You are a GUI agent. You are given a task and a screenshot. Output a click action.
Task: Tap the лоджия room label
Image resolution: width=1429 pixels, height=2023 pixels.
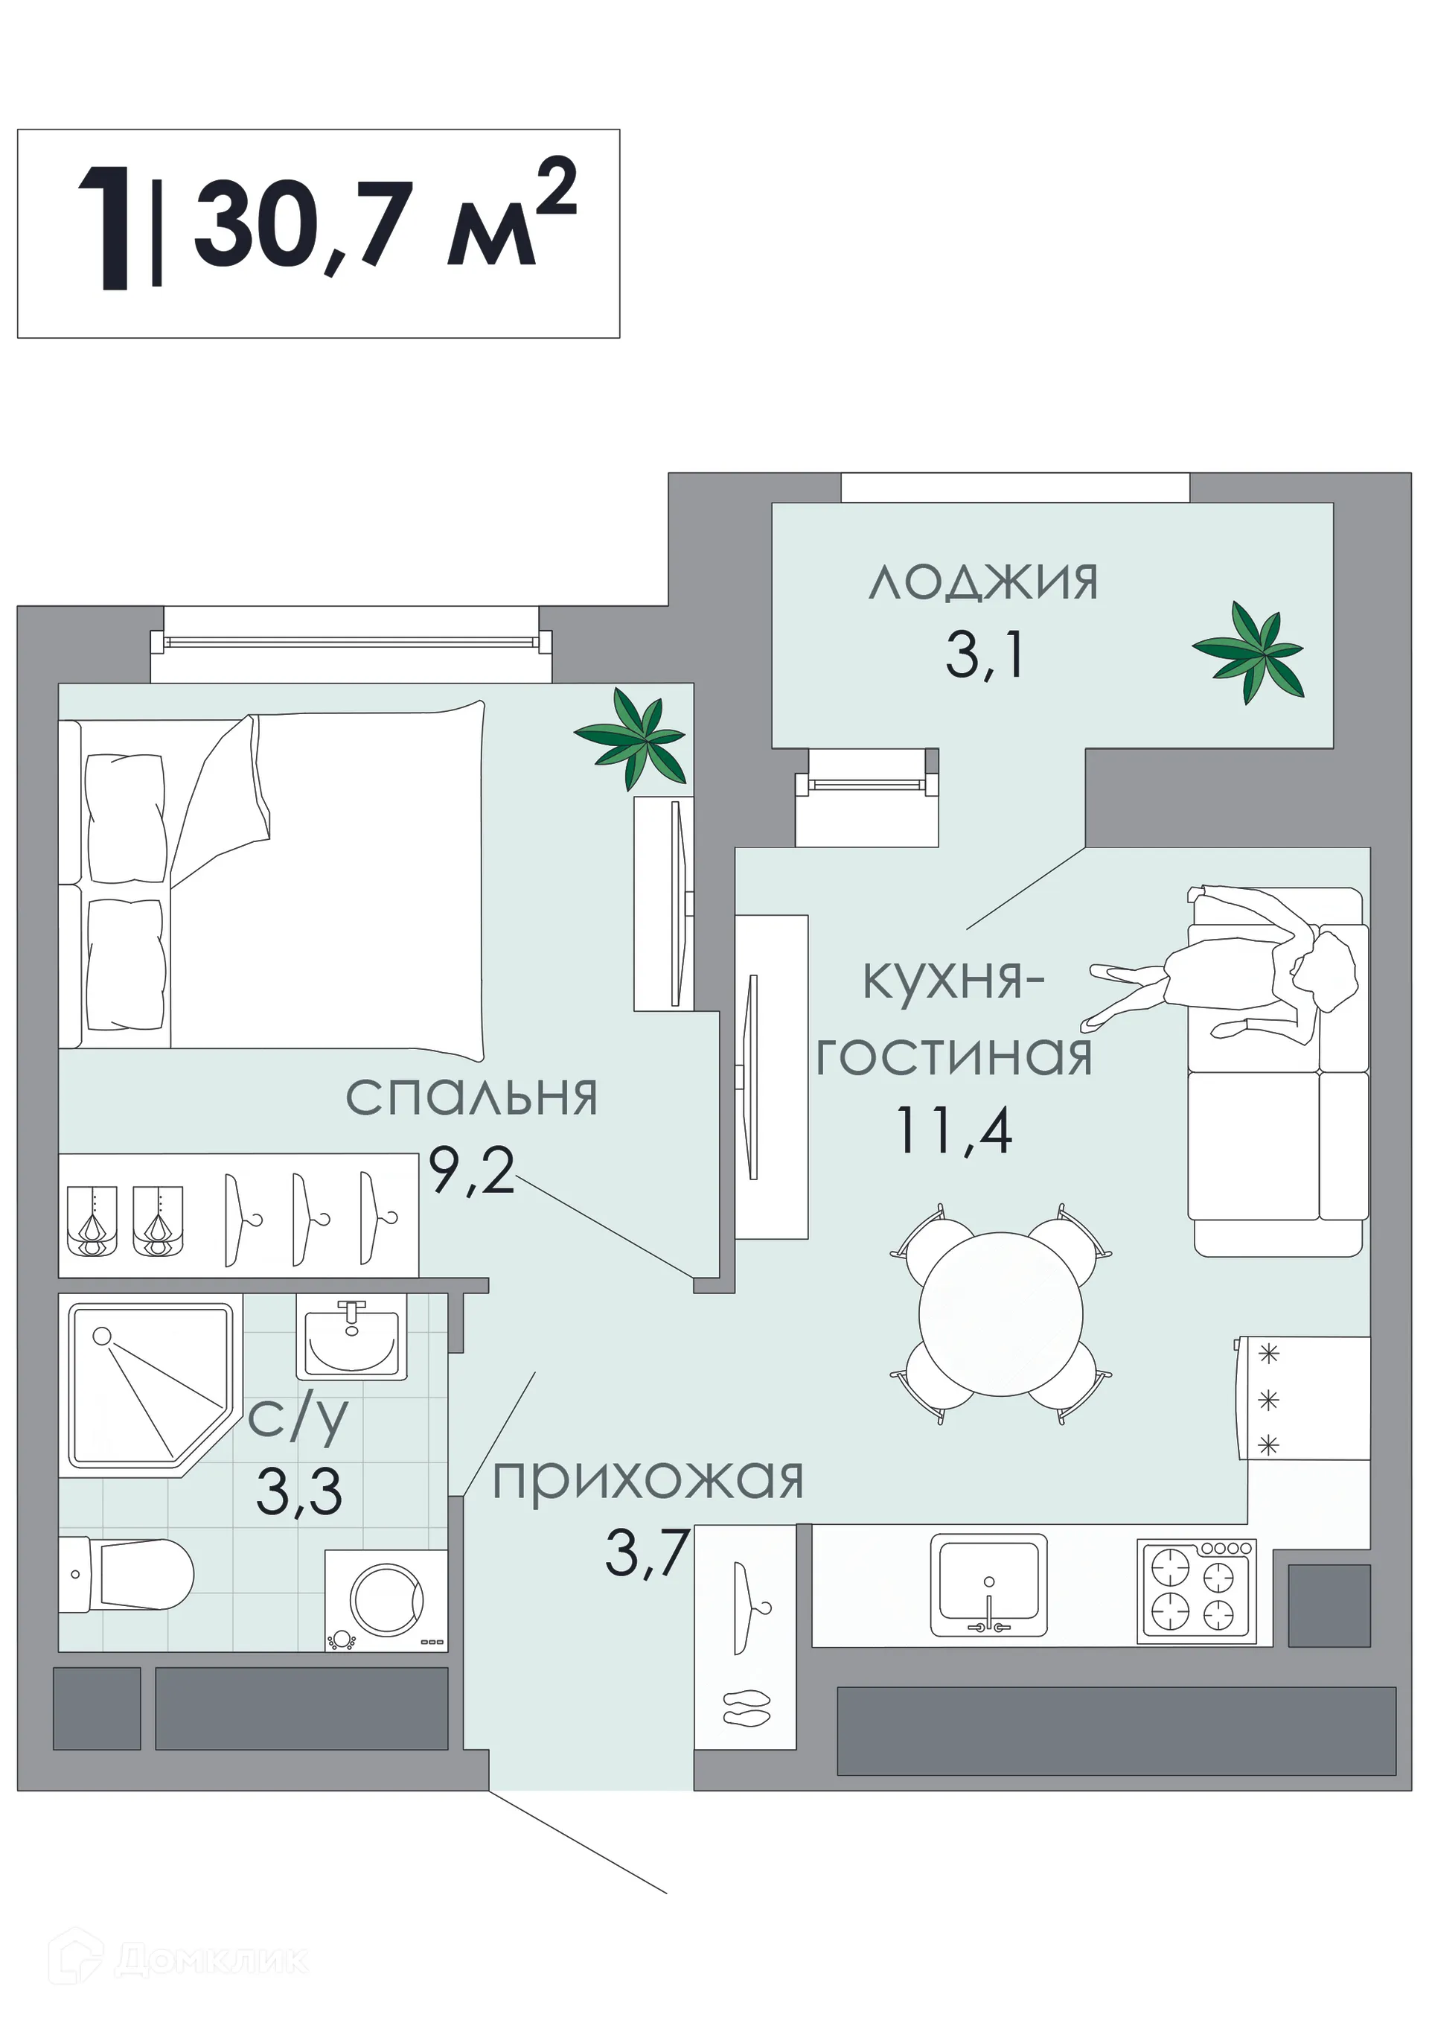tap(982, 582)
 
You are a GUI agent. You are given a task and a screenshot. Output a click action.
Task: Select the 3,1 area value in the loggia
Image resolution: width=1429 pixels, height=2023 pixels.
tap(985, 657)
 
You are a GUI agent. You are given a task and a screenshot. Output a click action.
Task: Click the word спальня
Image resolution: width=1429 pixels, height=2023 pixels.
tap(471, 1097)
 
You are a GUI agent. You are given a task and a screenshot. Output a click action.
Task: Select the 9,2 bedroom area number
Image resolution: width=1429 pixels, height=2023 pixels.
tap(471, 1172)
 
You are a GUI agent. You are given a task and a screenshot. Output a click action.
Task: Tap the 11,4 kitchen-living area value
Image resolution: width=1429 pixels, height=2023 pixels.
tap(954, 1130)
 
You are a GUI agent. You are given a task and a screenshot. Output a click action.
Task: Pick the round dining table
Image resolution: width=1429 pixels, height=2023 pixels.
tap(1000, 1313)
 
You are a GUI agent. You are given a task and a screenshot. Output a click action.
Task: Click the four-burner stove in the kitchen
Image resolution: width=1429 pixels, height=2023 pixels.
tap(1195, 1591)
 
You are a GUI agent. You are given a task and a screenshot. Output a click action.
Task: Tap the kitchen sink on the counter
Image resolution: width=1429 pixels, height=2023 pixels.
tap(988, 1584)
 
